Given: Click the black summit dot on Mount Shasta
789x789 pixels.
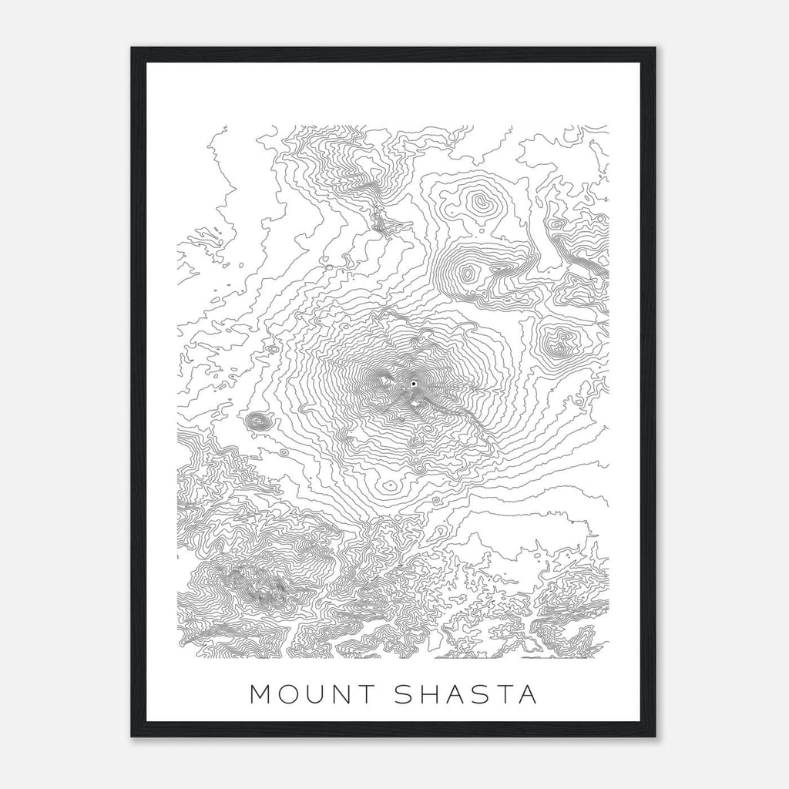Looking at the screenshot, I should point(414,383).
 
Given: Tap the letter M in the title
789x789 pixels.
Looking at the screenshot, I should point(261,694).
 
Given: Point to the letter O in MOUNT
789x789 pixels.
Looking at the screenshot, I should point(286,694).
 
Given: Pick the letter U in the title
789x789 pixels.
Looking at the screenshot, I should point(310,694).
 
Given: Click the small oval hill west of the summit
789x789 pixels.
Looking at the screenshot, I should point(259,421).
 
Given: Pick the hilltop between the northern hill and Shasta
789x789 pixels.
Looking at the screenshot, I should point(468,272).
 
